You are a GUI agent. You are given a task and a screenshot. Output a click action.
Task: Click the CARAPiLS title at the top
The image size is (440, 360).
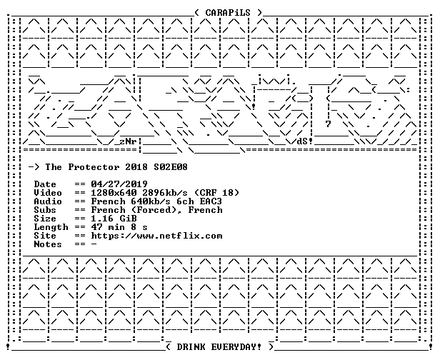pyautogui.click(x=228, y=13)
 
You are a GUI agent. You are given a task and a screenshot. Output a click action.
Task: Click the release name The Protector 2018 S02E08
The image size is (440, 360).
pyautogui.click(x=116, y=167)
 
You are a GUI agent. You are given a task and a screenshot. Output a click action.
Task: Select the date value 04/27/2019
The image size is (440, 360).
pyautogui.click(x=119, y=184)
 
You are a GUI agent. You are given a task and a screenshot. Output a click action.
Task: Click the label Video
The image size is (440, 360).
pyautogui.click(x=48, y=193)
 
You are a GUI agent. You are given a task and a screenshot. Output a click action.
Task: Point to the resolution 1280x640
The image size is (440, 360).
pyautogui.click(x=114, y=193)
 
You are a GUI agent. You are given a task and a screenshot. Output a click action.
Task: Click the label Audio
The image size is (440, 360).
pyautogui.click(x=48, y=201)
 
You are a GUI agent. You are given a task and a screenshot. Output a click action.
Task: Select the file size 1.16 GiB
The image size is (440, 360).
pyautogui.click(x=114, y=219)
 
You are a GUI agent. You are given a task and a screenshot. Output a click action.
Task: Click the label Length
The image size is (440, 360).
pyautogui.click(x=51, y=227)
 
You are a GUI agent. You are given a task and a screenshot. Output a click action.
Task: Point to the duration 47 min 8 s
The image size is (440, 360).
pyautogui.click(x=119, y=227)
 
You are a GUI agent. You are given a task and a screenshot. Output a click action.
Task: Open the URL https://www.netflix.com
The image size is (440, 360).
pyautogui.click(x=156, y=236)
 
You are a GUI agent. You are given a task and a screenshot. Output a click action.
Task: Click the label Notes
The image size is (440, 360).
pyautogui.click(x=48, y=244)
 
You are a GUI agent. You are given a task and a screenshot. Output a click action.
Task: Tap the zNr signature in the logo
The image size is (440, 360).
pyautogui.click(x=129, y=141)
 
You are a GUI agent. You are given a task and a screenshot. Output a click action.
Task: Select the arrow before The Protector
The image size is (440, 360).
pyautogui.click(x=34, y=167)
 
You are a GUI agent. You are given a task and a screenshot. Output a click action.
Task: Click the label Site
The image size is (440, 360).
pyautogui.click(x=45, y=236)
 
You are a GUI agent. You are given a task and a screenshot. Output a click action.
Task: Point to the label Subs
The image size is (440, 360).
pyautogui.click(x=45, y=210)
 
